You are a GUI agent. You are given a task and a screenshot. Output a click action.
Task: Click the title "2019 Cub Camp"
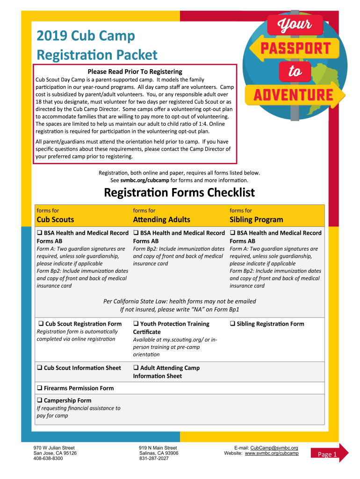click(86, 36)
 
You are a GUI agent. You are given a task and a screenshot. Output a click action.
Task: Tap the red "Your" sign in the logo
click(295, 25)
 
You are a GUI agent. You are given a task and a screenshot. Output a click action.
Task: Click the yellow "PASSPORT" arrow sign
click(292, 48)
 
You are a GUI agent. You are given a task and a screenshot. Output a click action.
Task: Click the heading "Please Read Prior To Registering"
click(135, 72)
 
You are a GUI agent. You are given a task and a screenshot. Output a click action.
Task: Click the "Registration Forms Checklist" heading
click(179, 193)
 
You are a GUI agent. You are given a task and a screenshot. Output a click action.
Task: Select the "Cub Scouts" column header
click(55, 219)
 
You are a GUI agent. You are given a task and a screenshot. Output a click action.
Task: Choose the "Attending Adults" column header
click(161, 219)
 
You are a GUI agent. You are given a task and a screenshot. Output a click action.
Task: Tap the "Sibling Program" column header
click(256, 219)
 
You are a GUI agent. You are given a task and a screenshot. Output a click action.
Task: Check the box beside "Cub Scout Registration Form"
click(41, 324)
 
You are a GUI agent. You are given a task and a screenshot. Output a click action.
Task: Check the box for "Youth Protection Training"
click(136, 324)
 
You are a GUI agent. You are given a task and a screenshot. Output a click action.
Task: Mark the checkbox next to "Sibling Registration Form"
click(232, 324)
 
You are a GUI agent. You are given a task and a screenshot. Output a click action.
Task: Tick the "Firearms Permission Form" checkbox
click(40, 388)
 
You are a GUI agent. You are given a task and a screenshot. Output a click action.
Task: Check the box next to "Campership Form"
click(40, 400)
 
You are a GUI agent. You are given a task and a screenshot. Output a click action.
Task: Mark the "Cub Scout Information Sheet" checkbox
click(40, 368)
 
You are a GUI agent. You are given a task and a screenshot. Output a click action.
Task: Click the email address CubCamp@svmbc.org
click(274, 448)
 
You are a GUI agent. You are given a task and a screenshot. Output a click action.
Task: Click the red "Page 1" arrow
click(330, 454)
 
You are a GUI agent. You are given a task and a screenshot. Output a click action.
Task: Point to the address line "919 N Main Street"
click(158, 448)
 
